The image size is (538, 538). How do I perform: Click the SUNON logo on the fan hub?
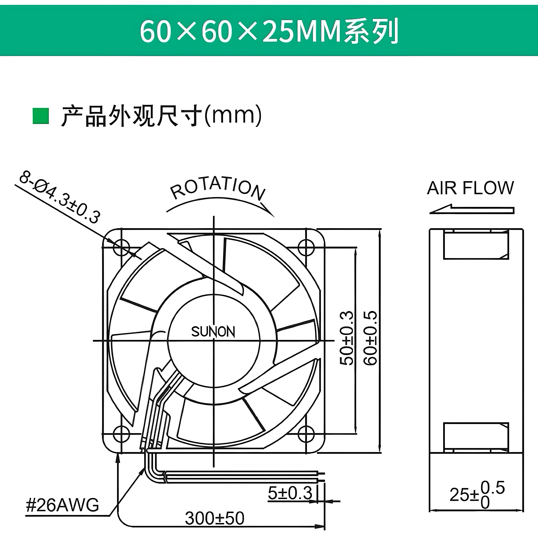[x=213, y=332]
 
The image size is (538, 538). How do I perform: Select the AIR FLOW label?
[x=470, y=188]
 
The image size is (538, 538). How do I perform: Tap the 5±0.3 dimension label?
[x=290, y=493]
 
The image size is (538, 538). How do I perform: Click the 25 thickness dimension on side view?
[x=477, y=495]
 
